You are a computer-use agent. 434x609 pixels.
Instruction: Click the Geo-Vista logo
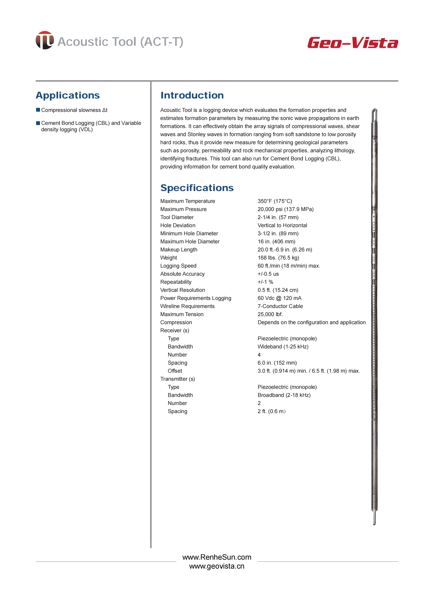353,43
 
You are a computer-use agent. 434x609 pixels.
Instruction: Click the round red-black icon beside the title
45,40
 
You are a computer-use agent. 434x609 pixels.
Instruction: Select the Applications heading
68,96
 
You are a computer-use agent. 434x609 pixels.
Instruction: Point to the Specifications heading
197,188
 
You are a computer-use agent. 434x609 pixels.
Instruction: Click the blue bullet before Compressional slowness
38,110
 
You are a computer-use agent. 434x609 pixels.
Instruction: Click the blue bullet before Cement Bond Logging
38,123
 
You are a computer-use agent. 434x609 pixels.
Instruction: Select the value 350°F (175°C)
275,201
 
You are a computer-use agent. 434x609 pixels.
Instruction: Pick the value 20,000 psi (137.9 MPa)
285,209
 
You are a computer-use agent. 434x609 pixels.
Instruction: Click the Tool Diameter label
177,217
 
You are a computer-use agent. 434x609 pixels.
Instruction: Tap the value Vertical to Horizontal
282,225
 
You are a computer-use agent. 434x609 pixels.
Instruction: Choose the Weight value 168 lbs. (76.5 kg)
278,258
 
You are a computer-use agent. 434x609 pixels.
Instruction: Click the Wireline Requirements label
187,306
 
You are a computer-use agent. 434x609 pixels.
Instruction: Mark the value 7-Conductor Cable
280,306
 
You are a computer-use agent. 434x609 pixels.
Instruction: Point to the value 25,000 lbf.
270,314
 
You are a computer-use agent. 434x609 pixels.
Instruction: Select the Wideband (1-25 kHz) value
283,347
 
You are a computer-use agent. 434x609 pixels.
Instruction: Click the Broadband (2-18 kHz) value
284,395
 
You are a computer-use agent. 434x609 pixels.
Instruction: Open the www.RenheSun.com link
217,557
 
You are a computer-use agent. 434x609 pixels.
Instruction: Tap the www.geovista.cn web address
217,566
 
